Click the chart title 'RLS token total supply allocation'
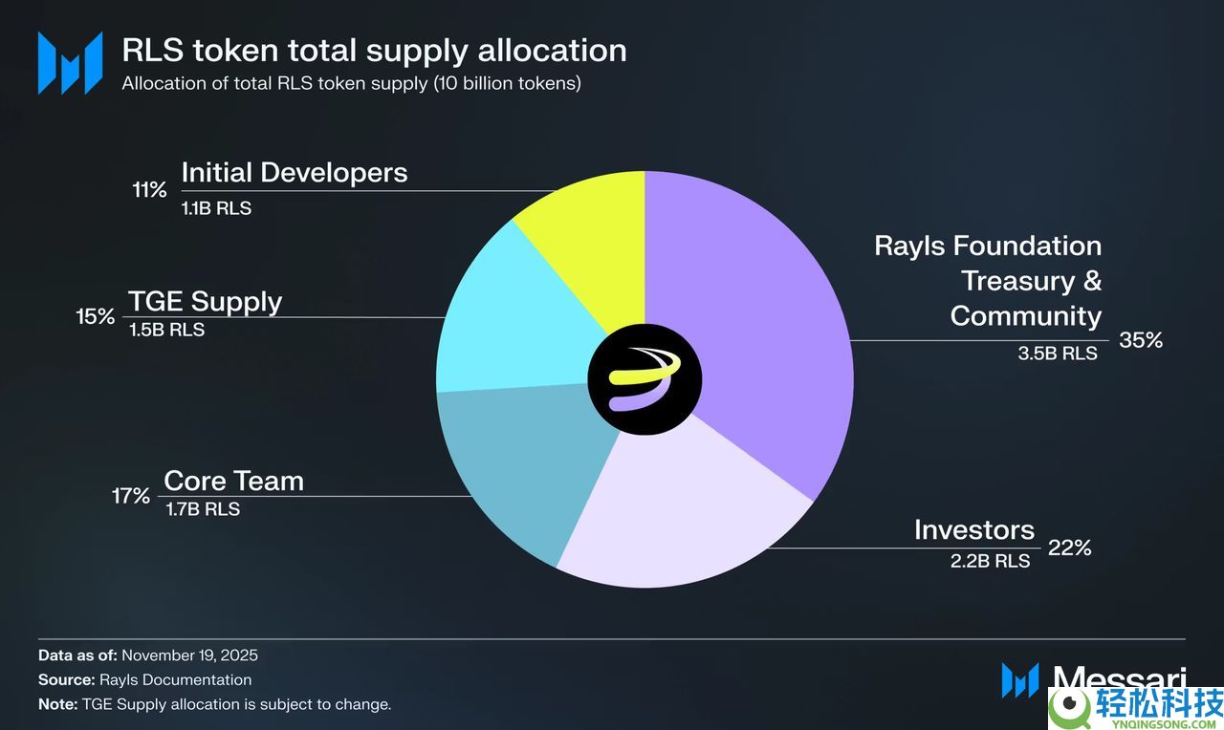click(x=374, y=50)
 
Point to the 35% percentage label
click(x=1140, y=340)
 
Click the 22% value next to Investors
click(x=1069, y=548)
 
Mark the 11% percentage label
click(x=149, y=189)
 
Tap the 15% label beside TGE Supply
click(x=96, y=316)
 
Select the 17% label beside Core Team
click(x=130, y=496)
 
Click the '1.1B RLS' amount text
click(x=216, y=208)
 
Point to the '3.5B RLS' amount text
click(x=1058, y=354)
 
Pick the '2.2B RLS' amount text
click(x=990, y=561)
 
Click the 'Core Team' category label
click(x=233, y=481)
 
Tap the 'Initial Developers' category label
click(x=294, y=173)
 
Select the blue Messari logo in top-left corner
click(x=70, y=63)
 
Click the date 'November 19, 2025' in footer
click(x=189, y=655)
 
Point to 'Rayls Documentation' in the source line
click(x=175, y=680)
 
